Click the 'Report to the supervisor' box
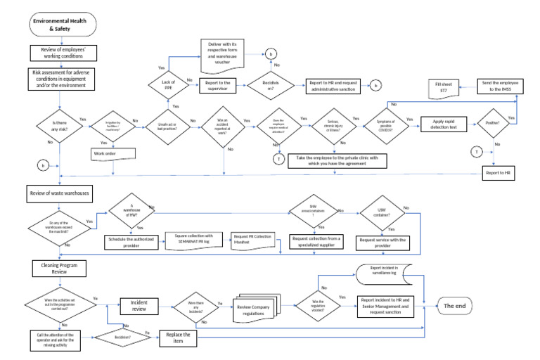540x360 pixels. click(x=219, y=86)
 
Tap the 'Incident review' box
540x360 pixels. click(x=139, y=305)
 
